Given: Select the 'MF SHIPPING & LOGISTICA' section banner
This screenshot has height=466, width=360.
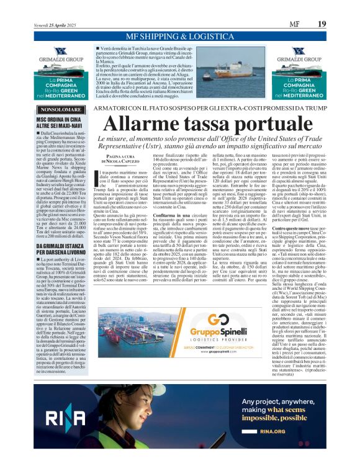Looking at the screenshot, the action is coord(179,37).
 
